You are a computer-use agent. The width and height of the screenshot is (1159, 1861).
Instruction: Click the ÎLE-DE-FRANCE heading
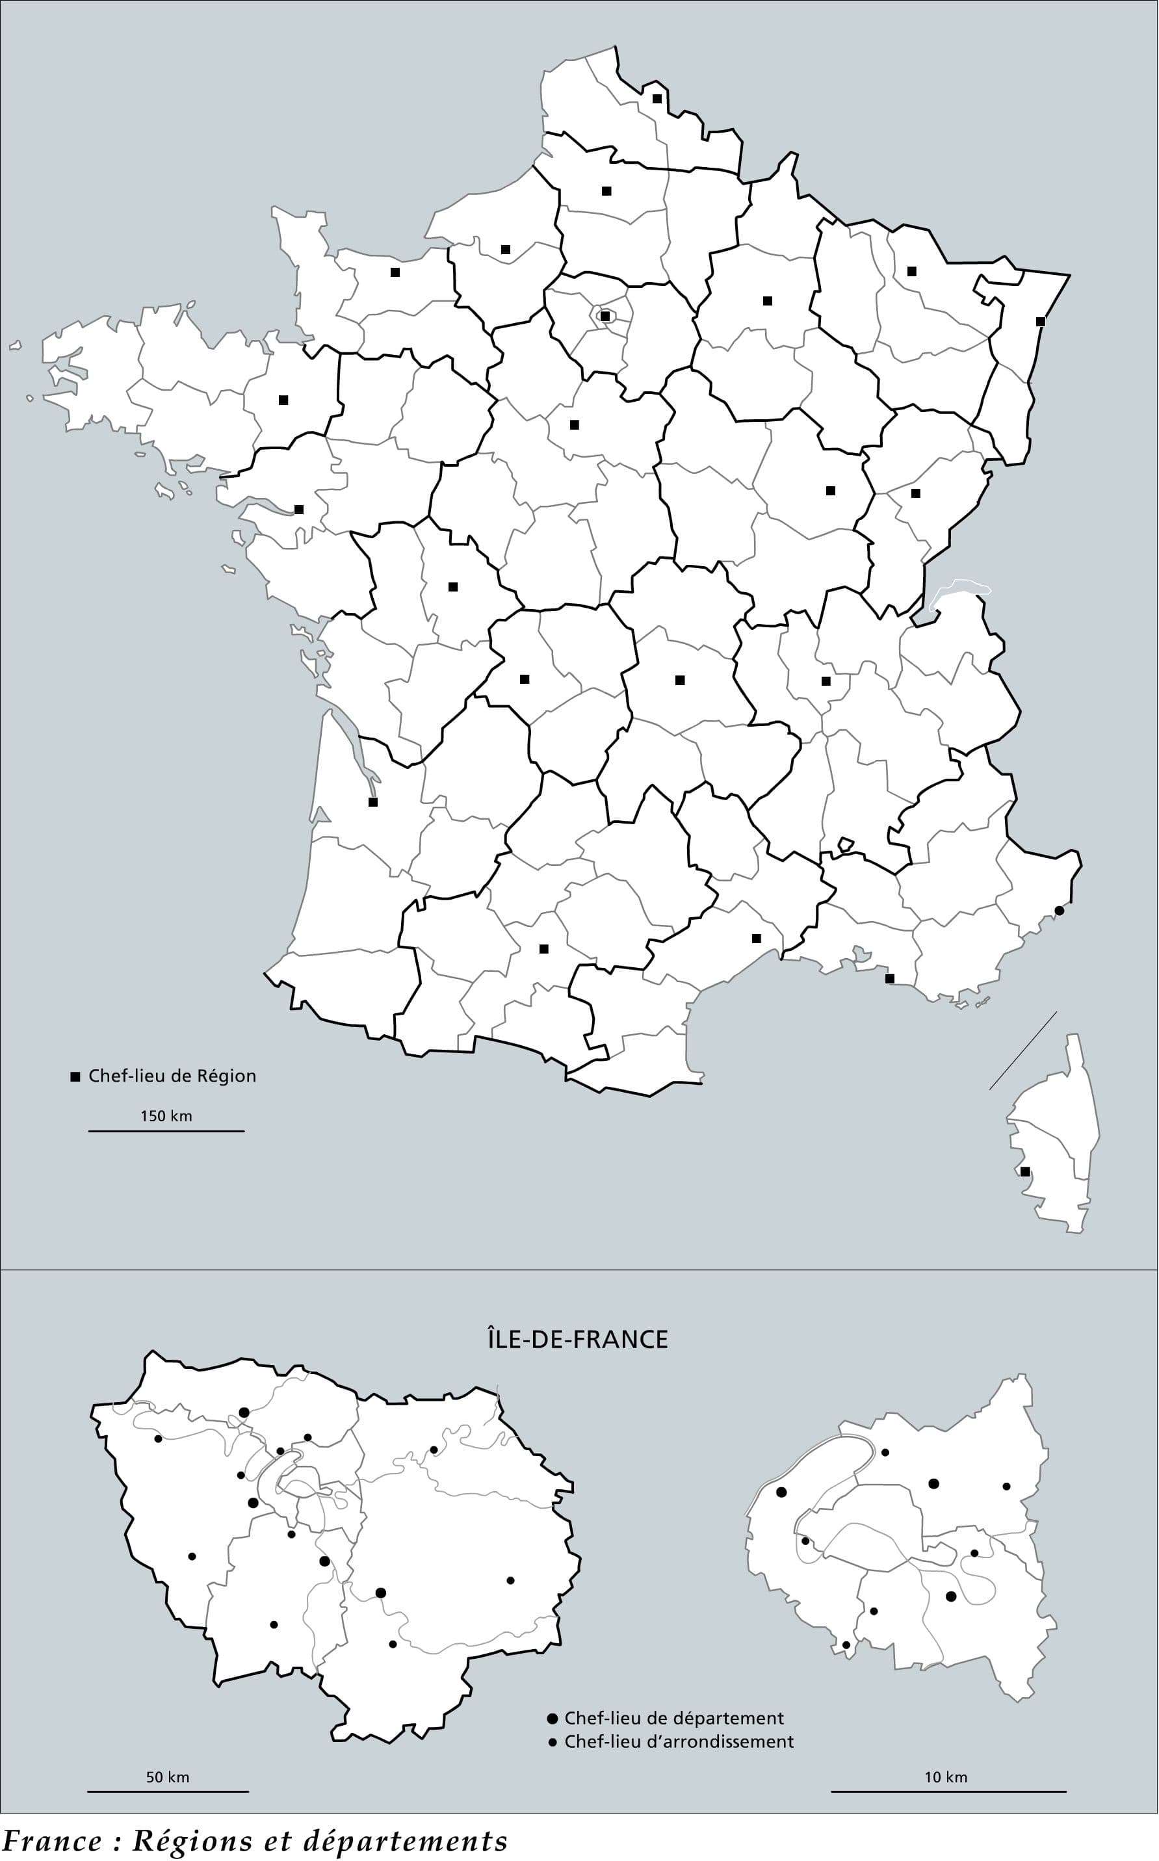[x=577, y=1338]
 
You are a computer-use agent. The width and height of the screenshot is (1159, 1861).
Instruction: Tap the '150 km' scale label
[x=166, y=1116]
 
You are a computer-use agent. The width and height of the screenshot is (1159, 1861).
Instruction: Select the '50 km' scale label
[x=167, y=1777]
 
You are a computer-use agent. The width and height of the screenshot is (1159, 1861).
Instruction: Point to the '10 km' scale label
[x=945, y=1777]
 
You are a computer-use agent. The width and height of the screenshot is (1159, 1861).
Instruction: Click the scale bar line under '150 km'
[x=166, y=1130]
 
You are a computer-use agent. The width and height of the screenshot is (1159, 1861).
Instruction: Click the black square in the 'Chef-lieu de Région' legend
[x=75, y=1077]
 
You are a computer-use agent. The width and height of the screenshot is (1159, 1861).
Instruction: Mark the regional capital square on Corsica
[x=1025, y=1171]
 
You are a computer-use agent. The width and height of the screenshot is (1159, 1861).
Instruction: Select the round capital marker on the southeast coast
[x=1059, y=911]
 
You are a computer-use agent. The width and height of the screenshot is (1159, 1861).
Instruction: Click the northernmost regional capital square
[x=657, y=98]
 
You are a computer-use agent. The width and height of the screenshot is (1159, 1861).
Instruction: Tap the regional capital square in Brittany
[x=283, y=399]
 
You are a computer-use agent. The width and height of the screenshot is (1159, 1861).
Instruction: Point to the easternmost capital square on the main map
[x=1040, y=321]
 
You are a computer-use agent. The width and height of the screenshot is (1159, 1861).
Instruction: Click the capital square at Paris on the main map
[x=605, y=316]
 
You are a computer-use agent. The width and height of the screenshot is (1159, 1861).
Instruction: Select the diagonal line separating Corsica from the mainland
[x=1022, y=1050]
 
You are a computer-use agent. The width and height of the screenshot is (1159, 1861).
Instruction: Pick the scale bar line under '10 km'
[x=948, y=1791]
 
